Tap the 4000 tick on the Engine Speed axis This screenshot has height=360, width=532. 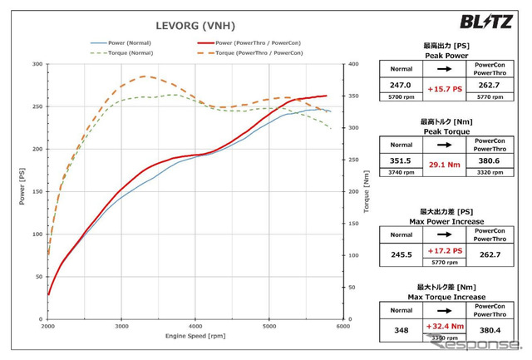click(x=195, y=327)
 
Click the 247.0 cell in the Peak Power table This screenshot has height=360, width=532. click(x=401, y=85)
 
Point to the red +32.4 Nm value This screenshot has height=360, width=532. click(x=446, y=327)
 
